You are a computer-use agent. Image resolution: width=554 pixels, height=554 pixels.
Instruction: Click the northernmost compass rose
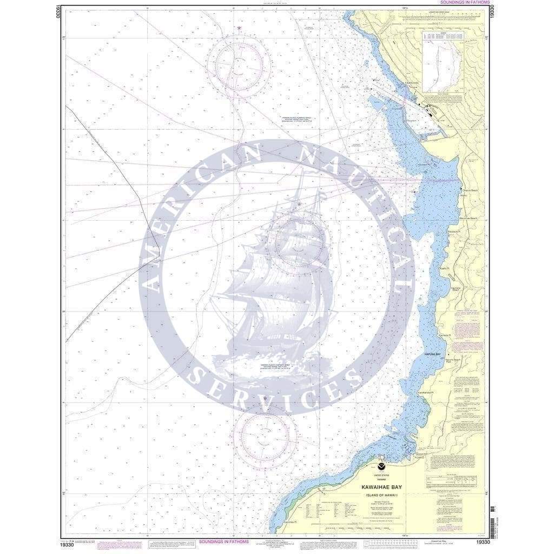point(239,66)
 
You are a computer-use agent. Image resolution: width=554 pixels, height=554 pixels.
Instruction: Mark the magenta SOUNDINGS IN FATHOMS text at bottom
point(223,541)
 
